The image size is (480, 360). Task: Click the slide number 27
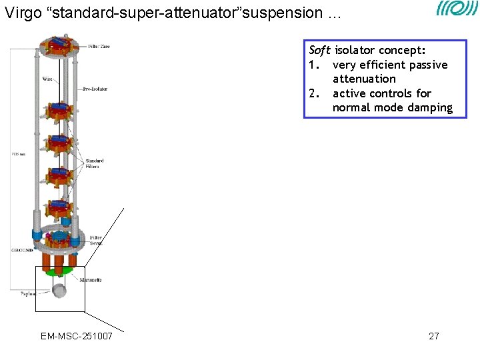point(433,336)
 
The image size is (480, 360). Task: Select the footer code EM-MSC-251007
point(77,336)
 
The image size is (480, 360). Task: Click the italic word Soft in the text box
point(320,51)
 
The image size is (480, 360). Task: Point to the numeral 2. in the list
point(314,93)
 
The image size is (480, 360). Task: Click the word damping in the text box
point(429,108)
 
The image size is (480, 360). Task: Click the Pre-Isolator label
point(95,88)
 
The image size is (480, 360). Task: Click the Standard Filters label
point(95,163)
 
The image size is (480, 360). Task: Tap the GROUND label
point(21,250)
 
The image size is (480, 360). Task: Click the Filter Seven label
point(97,240)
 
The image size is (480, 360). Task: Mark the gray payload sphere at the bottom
point(60,291)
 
